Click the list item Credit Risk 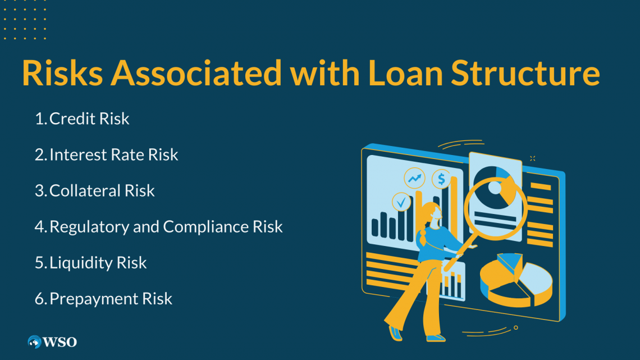pos(89,119)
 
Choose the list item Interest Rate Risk pos(113,155)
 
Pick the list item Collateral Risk pos(102,191)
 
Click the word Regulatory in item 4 pos(90,227)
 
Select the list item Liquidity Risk pos(98,263)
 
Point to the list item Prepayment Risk pos(111,299)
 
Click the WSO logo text pos(60,341)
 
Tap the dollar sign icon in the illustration pos(442,179)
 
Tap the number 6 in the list pos(39,299)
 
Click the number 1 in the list pos(40,119)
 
